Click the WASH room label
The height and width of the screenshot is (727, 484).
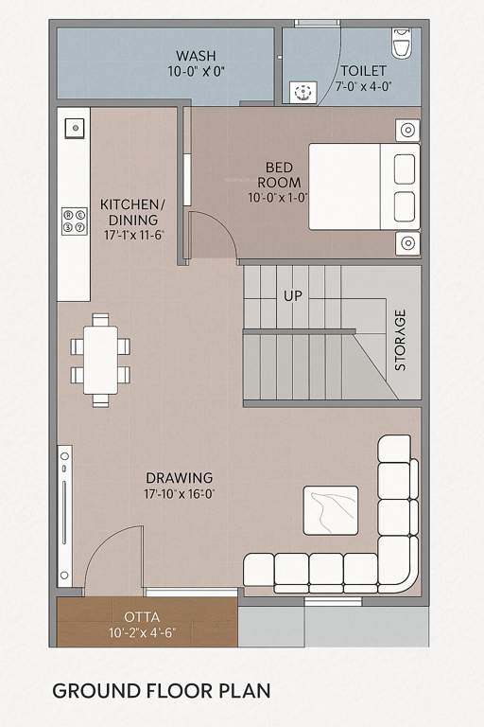pos(196,56)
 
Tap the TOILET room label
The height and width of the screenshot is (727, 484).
pos(364,70)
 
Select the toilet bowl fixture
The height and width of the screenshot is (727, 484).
pos(402,43)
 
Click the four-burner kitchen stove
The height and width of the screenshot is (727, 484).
pos(74,221)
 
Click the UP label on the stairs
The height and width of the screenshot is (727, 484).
pos(293,296)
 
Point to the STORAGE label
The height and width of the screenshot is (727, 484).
pos(401,340)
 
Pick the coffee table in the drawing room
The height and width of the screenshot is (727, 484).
pos(330,510)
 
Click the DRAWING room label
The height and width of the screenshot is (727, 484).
pos(179,478)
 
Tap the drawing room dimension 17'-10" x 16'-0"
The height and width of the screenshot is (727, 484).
pos(180,494)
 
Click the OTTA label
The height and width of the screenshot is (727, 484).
pos(142,616)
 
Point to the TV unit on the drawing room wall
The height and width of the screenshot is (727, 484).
pos(63,515)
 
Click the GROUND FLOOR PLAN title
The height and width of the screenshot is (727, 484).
pos(161,690)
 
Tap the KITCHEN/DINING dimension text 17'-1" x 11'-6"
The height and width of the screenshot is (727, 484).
pos(133,234)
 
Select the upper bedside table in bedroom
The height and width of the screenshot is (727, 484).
pos(407,130)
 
